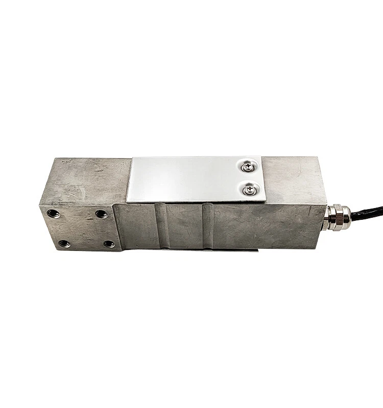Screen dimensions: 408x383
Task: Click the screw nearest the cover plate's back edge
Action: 248,166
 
